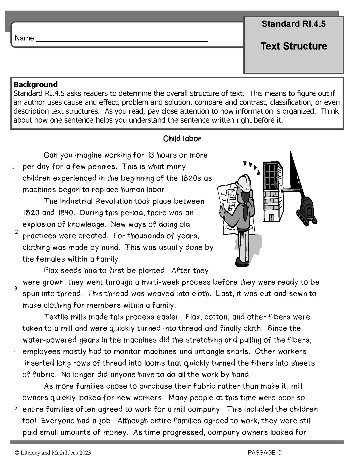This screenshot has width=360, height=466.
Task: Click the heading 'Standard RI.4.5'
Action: tap(293, 24)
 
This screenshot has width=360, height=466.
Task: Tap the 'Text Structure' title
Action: tap(294, 46)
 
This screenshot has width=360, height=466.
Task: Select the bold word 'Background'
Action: tap(36, 84)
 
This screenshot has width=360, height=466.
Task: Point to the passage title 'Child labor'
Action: tap(182, 139)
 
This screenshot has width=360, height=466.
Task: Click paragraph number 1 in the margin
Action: tap(13, 167)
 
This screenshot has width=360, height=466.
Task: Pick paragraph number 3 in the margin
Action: tap(16, 288)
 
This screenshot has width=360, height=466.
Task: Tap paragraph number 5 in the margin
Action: tap(16, 407)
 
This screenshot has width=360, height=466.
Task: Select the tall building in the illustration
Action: tap(273, 192)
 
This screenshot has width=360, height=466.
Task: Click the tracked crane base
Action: tap(307, 212)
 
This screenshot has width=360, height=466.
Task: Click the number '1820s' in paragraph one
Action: tap(192, 178)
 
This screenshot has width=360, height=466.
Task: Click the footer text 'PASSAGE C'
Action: tap(265, 452)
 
